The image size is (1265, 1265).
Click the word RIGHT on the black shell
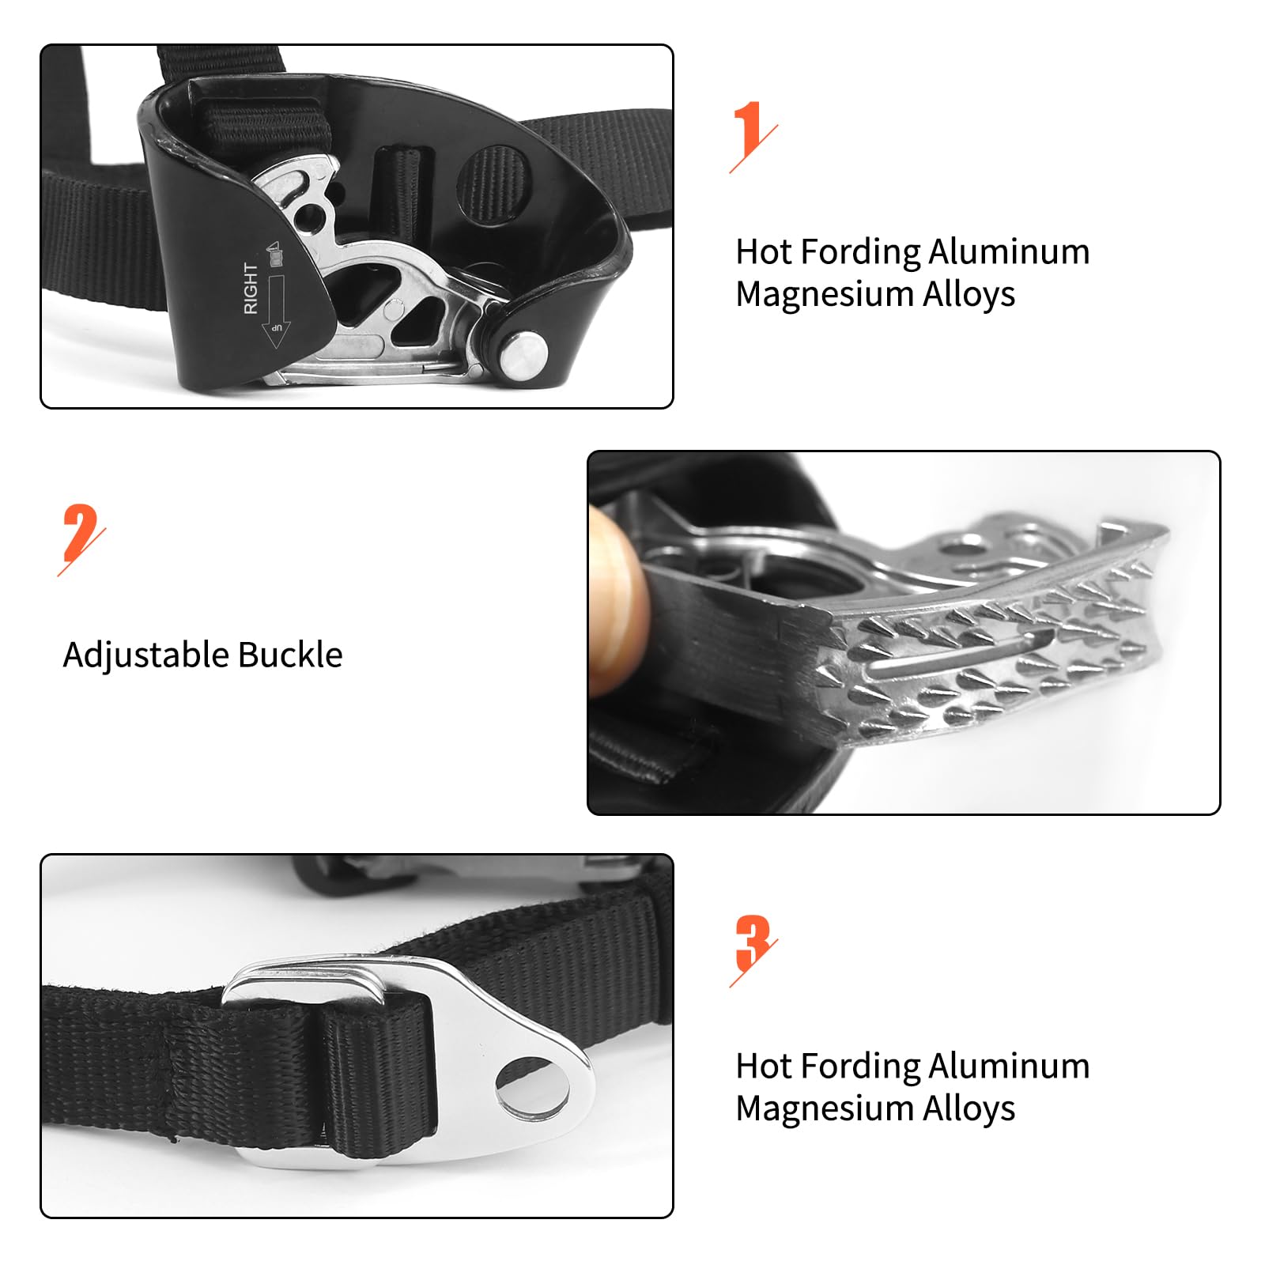(x=251, y=289)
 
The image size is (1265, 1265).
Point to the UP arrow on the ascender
(x=276, y=312)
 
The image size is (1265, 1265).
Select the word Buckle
(x=290, y=655)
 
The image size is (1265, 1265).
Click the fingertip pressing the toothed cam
(x=619, y=601)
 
